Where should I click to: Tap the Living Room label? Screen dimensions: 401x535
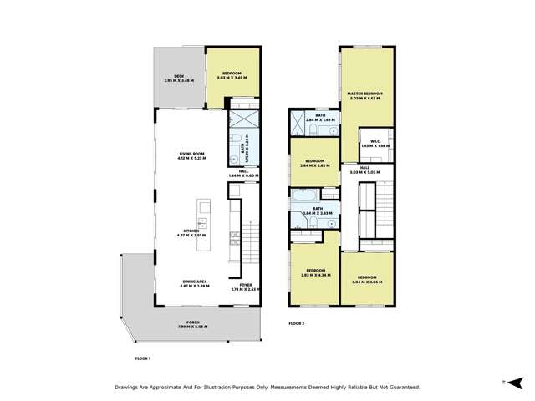[192, 155]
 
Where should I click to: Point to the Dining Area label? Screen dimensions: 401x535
[195, 283]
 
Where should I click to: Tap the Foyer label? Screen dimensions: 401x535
[246, 287]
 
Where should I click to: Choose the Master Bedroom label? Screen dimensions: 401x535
[365, 94]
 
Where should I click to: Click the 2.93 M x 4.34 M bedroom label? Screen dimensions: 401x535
[315, 273]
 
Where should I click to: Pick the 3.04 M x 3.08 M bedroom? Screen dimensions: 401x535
[367, 280]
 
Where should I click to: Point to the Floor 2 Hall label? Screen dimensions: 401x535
[365, 170]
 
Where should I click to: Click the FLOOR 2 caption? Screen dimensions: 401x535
[298, 322]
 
